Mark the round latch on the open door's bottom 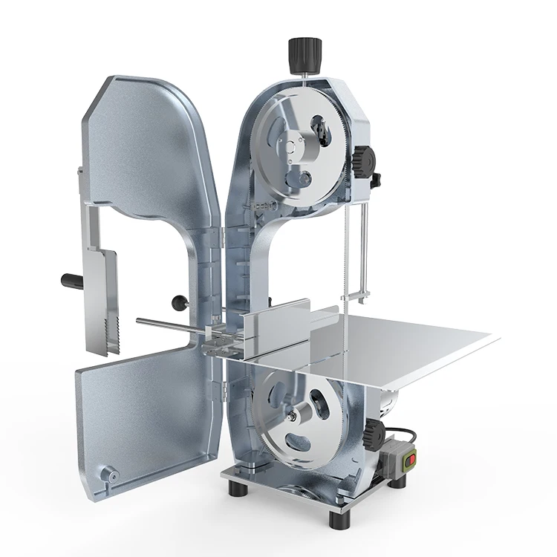pyautogui.click(x=112, y=473)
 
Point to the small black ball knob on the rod pyautogui.click(x=178, y=301)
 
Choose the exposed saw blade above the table pyautogui.click(x=345, y=253)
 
